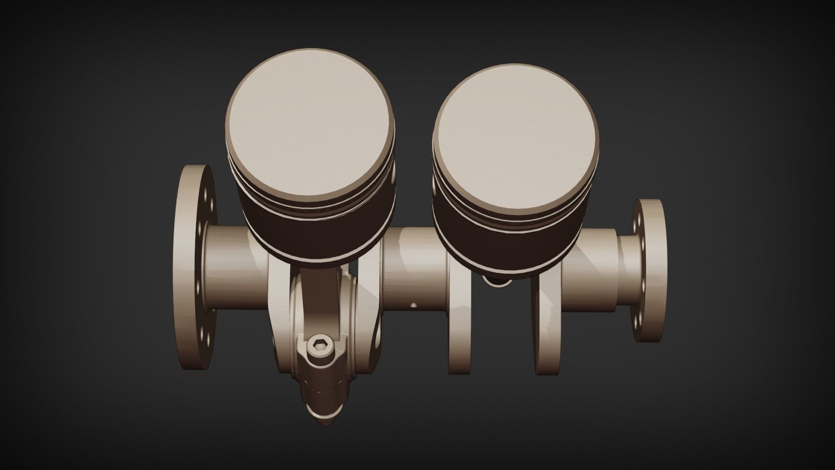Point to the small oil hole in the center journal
point(413,306)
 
